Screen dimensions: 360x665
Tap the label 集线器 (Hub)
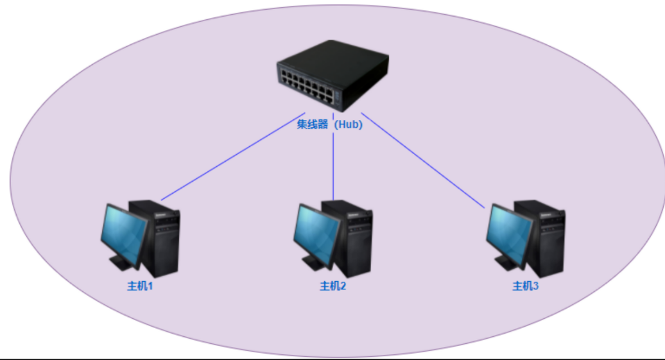click(x=329, y=125)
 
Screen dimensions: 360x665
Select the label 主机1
click(x=140, y=286)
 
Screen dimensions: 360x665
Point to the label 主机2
click(x=333, y=286)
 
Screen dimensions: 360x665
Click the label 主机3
click(x=526, y=286)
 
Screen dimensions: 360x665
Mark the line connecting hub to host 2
click(x=333, y=167)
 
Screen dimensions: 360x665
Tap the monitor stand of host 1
click(x=120, y=262)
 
